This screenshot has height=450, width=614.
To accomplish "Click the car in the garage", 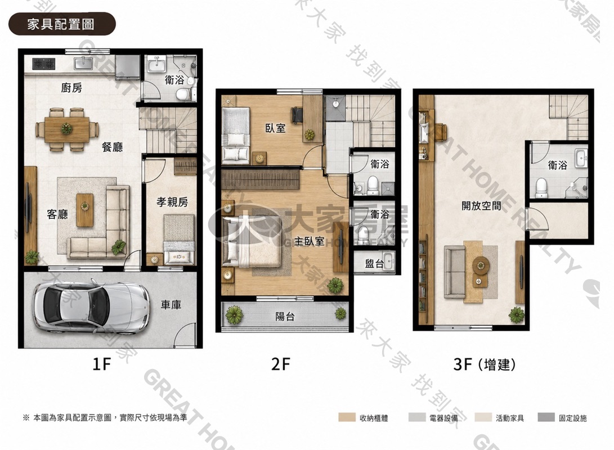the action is point(91,305).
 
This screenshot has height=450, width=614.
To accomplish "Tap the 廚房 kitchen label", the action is point(71,88).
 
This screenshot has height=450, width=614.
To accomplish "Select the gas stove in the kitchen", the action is point(43,63).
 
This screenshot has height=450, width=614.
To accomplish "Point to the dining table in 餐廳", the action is point(66,129).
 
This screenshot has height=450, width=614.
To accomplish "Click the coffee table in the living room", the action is point(85,210).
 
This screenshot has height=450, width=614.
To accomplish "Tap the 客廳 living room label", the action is point(57,214).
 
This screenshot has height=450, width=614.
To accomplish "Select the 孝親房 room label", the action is point(172,202).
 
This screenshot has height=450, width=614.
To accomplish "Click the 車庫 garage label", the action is point(171,304).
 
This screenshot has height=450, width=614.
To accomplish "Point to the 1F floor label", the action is point(102,364).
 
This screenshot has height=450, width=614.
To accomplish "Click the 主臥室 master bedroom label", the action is point(309,241).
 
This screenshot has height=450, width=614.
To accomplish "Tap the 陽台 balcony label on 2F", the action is point(285,316).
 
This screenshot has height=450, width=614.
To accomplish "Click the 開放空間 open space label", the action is point(481,205).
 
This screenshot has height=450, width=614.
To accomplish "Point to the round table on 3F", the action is point(481,265).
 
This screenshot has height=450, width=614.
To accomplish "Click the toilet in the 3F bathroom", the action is point(541,188).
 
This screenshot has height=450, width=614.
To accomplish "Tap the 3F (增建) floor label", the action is point(484,364).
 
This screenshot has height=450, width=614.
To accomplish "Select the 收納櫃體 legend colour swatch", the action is point(347,417).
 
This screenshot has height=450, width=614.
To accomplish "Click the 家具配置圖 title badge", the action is point(62,24).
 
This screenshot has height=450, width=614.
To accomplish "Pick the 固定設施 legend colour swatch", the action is point(546,417).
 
